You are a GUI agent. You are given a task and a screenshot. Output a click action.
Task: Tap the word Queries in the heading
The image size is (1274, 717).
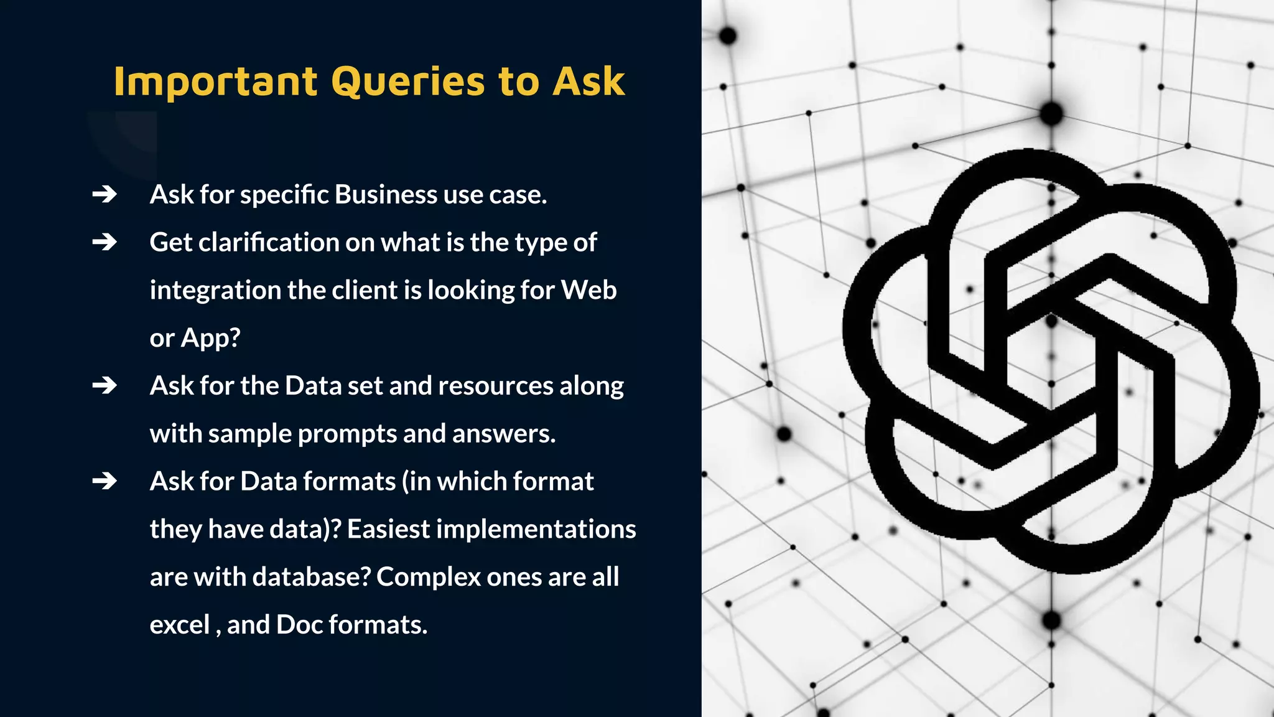(x=408, y=82)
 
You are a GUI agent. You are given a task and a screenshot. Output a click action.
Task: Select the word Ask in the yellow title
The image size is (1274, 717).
(x=588, y=82)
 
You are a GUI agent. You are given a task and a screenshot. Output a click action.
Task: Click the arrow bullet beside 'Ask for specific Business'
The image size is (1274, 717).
(x=105, y=195)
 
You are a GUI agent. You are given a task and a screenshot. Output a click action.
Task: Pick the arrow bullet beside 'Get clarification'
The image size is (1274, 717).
(x=105, y=242)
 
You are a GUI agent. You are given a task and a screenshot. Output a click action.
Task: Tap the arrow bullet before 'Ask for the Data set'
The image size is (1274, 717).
(x=105, y=386)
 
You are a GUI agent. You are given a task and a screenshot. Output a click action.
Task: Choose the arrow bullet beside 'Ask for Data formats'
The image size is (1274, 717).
(x=105, y=481)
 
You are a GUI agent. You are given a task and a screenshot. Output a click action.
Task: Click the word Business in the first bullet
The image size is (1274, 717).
(x=386, y=195)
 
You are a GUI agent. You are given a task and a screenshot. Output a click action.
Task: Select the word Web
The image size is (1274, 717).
(x=588, y=290)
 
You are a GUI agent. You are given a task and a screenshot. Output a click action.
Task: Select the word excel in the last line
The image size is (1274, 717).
(x=180, y=625)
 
